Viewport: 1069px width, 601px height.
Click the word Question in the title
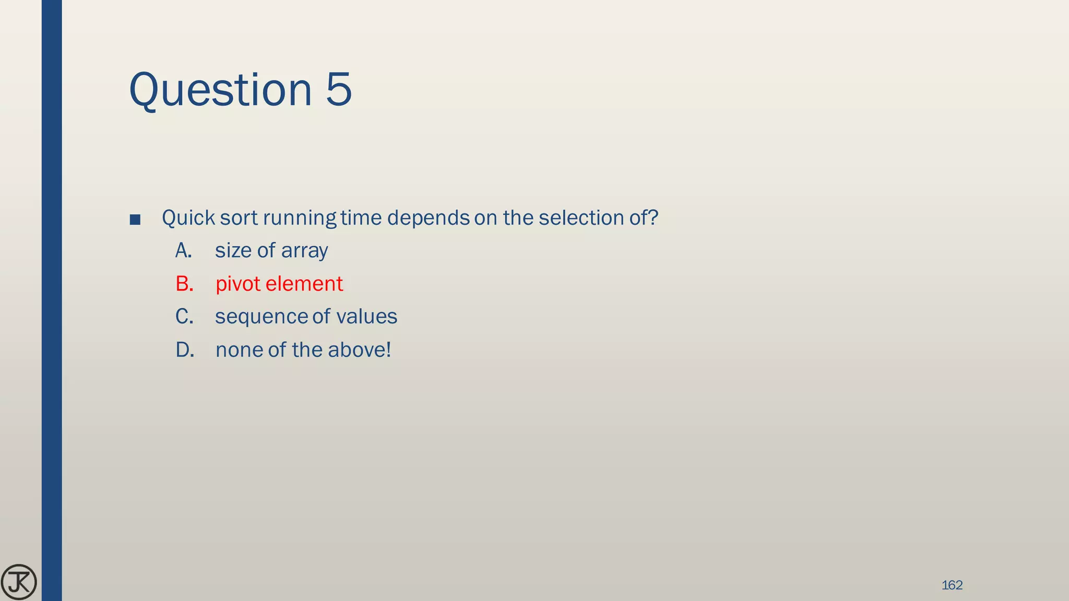point(220,90)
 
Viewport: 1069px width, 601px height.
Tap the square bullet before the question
point(135,220)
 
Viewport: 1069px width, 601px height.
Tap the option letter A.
point(183,251)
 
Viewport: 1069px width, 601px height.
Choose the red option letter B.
point(184,284)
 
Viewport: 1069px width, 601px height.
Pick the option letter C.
point(184,317)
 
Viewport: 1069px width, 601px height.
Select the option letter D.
point(185,350)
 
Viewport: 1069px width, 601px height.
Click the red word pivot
point(237,284)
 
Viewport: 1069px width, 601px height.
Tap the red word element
point(304,284)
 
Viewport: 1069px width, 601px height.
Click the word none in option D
point(239,350)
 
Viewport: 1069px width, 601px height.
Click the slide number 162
point(952,585)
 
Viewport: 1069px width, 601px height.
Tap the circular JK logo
point(19,582)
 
